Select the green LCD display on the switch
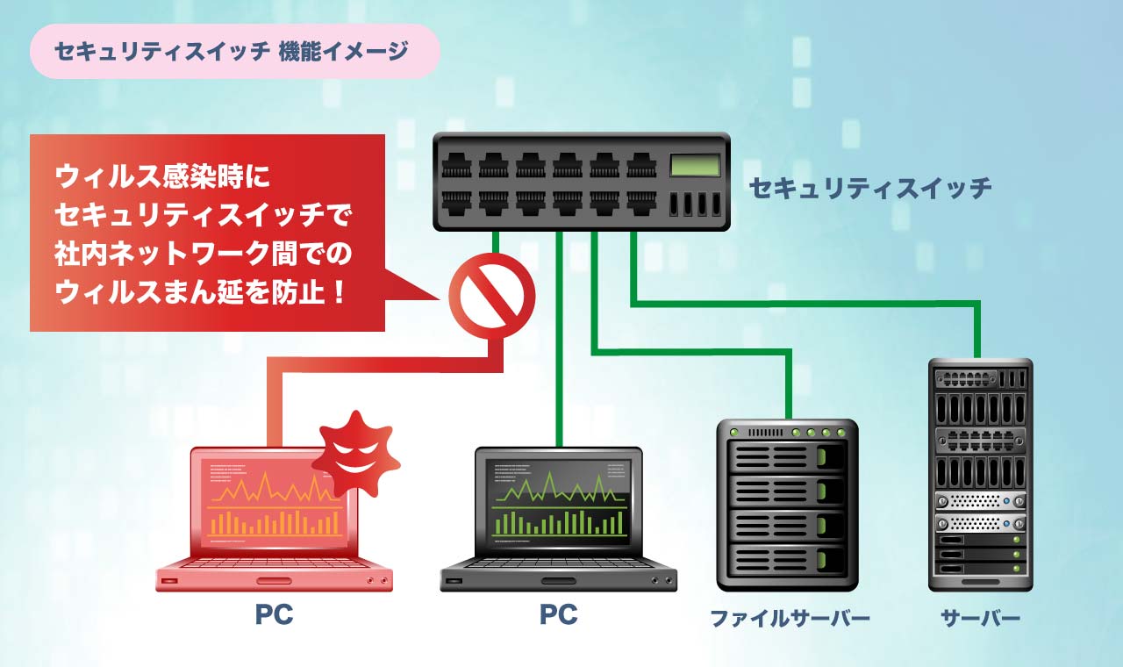click(695, 165)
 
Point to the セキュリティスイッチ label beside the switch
click(870, 187)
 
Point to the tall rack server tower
click(980, 474)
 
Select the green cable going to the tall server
click(807, 304)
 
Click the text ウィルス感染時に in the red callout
click(163, 177)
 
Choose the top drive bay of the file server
click(787, 457)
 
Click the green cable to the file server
click(693, 353)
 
